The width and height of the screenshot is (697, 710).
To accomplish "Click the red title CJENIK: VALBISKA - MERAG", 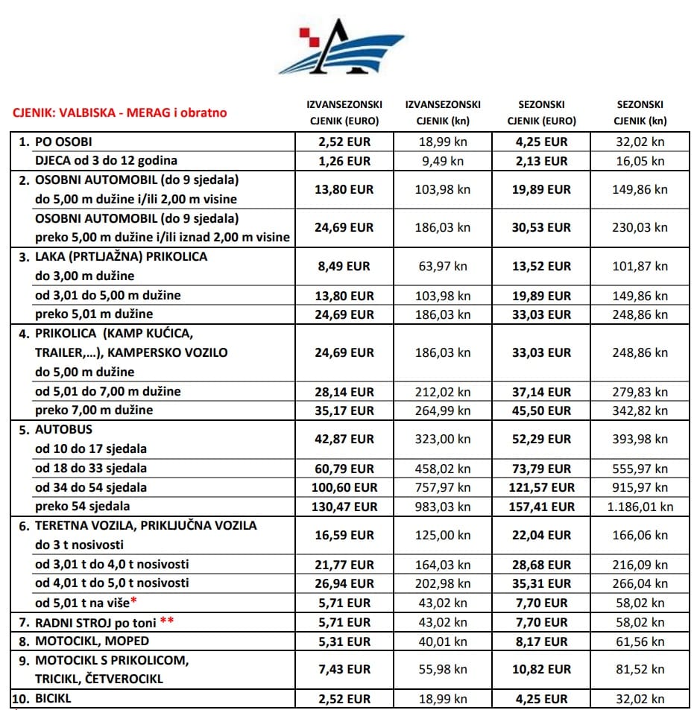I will click(119, 113).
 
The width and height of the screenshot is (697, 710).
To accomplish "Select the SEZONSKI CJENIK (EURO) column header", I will click(542, 112).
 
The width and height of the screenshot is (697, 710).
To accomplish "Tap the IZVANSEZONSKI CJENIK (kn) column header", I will click(443, 112).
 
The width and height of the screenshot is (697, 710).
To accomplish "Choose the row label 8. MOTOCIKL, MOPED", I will click(92, 641).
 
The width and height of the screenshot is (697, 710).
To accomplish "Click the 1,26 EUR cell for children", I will click(344, 161).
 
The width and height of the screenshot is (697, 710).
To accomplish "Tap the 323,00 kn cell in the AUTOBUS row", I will click(443, 440).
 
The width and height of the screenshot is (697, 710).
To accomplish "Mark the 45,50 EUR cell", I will click(542, 411).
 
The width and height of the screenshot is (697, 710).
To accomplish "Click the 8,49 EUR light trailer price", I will click(344, 266).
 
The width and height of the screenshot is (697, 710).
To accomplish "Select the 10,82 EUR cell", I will click(542, 670).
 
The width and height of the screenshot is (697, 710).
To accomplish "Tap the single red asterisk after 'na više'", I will click(133, 600).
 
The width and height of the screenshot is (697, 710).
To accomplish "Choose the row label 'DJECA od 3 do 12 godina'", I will click(107, 161).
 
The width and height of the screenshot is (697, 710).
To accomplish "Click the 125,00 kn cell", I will click(443, 535).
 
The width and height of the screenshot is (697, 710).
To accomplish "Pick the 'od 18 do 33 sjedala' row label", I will click(91, 469).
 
